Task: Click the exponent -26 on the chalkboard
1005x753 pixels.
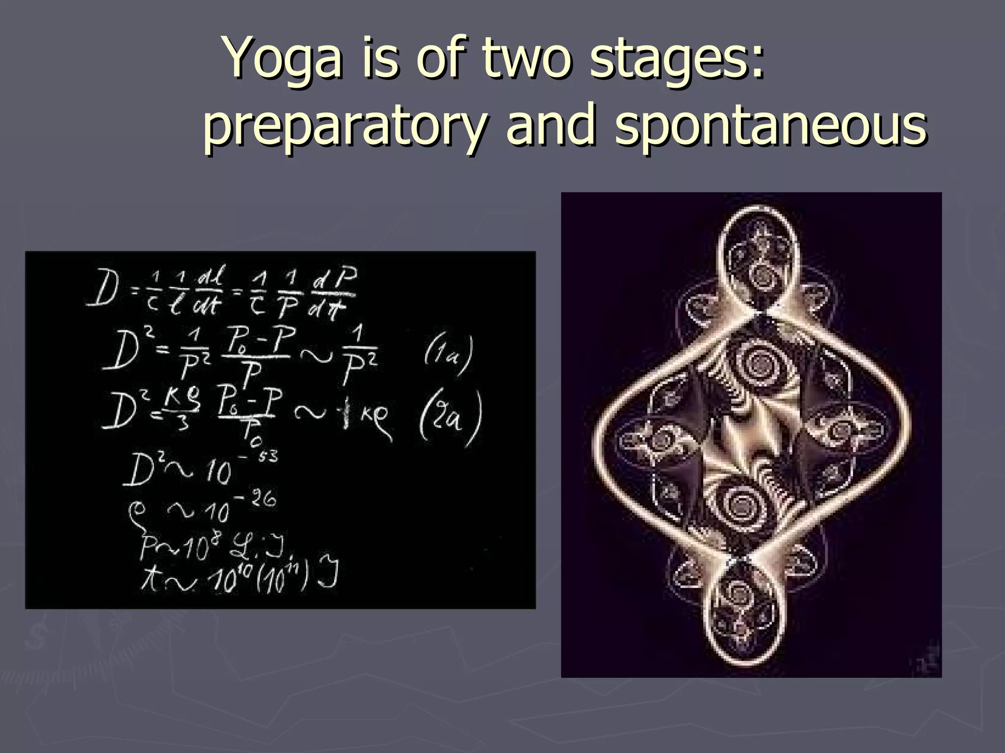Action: [259, 500]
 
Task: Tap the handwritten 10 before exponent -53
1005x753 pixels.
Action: [216, 473]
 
